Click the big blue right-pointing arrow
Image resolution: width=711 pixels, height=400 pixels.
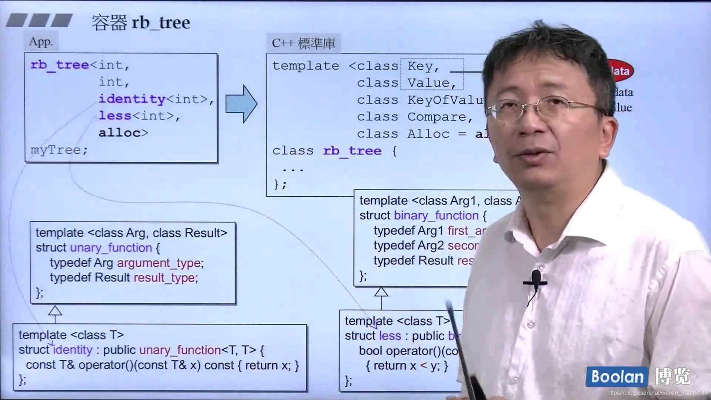(x=241, y=104)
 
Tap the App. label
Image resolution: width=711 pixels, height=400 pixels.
(x=41, y=41)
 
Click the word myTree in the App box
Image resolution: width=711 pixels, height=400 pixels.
(x=56, y=150)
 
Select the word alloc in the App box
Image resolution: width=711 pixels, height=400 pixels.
(x=120, y=133)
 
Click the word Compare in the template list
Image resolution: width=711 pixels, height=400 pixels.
(x=437, y=117)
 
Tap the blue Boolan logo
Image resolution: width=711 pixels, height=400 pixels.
(x=617, y=377)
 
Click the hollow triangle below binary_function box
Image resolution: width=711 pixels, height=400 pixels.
(x=381, y=292)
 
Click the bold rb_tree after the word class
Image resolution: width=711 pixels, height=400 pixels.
(x=352, y=151)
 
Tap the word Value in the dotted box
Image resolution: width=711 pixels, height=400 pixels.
(x=428, y=83)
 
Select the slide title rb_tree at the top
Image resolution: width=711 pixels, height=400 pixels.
(x=160, y=23)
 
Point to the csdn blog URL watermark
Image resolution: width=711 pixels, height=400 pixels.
(x=657, y=393)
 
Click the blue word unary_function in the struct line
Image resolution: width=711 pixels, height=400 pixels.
(x=111, y=248)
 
